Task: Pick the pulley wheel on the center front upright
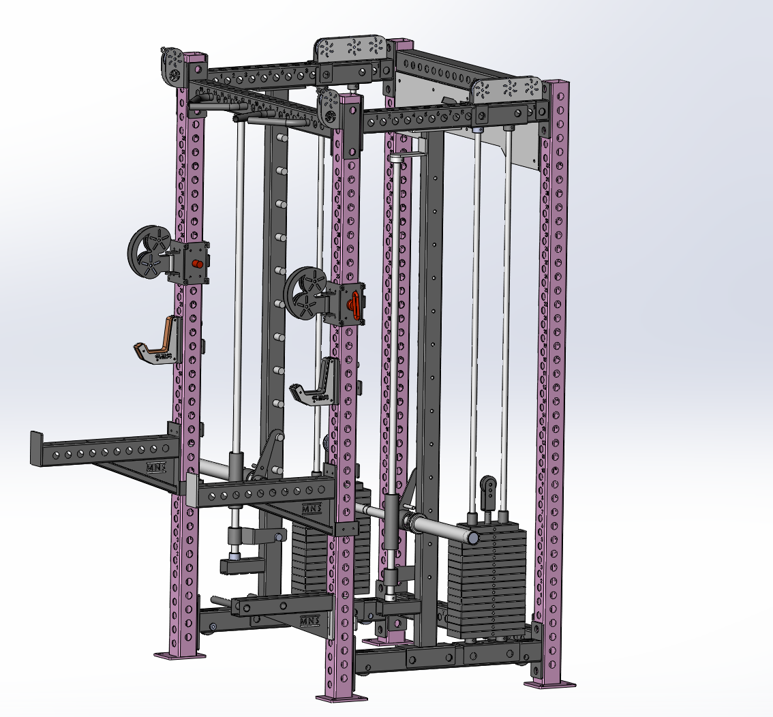[309, 292]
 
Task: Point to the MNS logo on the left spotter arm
[156, 468]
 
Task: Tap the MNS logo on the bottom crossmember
[310, 621]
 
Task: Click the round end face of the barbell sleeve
[471, 537]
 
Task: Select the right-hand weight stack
[487, 579]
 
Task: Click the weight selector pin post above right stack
[488, 492]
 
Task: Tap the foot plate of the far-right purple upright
[550, 684]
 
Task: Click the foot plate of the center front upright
[341, 697]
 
